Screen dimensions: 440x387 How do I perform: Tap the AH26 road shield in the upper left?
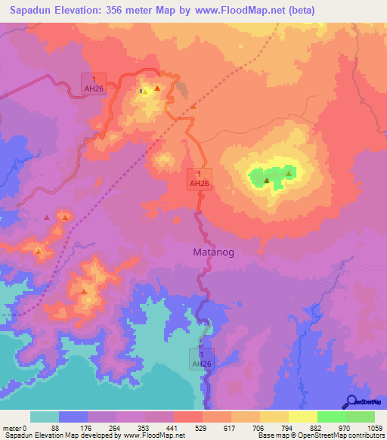[x=94, y=83]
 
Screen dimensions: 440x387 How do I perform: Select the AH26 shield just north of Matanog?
[x=199, y=178]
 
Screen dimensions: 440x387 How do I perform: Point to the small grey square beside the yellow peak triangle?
[x=143, y=91]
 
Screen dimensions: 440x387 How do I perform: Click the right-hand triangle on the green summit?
[x=289, y=174]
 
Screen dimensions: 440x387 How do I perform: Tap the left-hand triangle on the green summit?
[x=266, y=180]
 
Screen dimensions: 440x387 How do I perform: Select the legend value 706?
[x=260, y=429]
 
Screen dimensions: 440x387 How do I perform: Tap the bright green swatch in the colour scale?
[x=332, y=417]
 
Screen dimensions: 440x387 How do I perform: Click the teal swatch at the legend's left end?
[x=45, y=417]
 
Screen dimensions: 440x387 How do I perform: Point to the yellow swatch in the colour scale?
[x=303, y=417]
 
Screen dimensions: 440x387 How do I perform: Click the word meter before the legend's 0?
[x=12, y=429]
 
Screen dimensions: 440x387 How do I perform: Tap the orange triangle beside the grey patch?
[x=193, y=106]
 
